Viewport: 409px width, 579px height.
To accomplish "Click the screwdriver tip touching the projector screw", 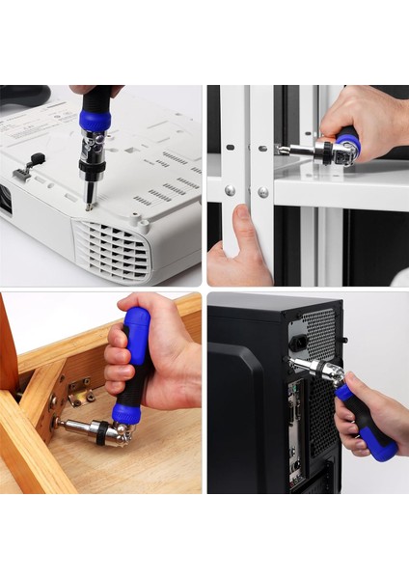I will (x=90, y=205).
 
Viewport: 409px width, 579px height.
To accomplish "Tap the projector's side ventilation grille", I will (x=114, y=250).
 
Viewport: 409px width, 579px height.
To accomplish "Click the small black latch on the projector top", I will (x=37, y=159).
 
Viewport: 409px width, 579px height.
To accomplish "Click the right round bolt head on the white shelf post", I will (x=262, y=192).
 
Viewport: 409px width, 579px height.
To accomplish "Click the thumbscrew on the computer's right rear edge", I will (x=343, y=341).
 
